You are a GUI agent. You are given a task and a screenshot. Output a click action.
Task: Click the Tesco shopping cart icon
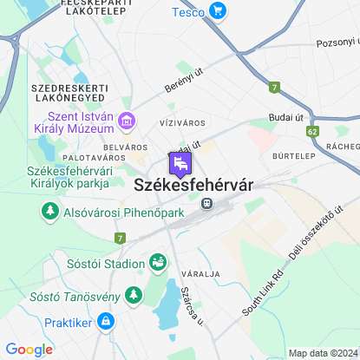point(217,12)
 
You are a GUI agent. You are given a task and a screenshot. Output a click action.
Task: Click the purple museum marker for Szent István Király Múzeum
point(128,120)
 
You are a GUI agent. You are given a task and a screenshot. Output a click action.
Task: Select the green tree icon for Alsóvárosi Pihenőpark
point(49,212)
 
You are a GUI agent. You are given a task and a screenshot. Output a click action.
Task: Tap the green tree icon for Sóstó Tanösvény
point(133,297)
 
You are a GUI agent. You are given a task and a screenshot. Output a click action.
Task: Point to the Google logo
point(29,349)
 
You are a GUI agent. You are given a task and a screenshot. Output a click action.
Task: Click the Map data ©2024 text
point(322,353)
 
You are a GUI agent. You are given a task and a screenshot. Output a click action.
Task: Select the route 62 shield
point(312,131)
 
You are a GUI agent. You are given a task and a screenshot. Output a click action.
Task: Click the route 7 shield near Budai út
point(275,88)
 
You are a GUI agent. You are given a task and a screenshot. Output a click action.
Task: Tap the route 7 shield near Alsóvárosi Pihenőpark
point(120,238)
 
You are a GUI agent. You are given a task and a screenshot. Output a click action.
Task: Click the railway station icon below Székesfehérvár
point(206,203)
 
